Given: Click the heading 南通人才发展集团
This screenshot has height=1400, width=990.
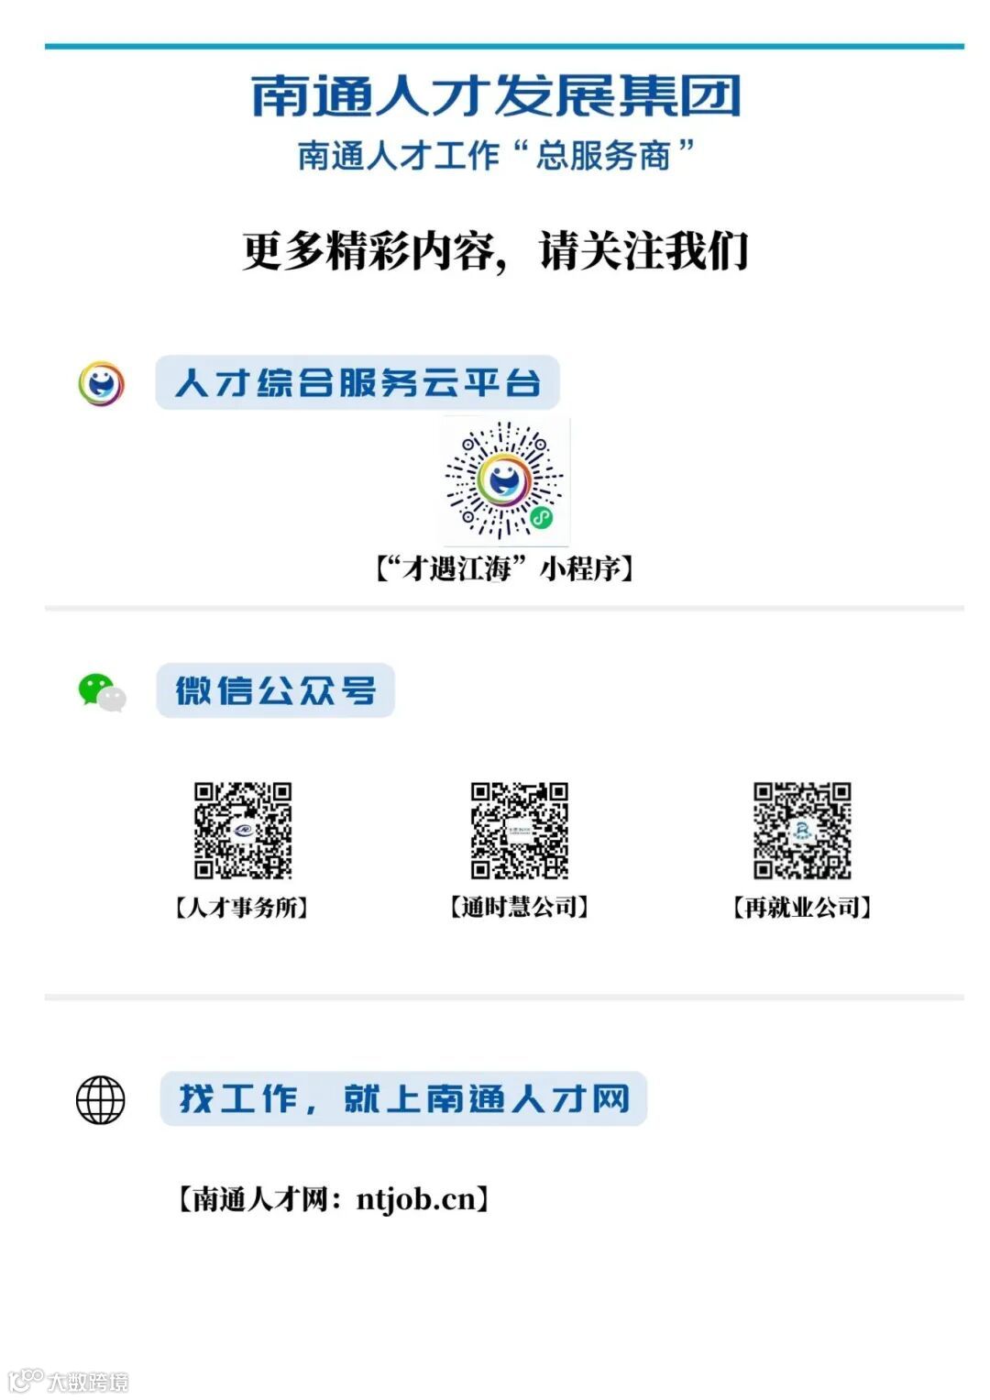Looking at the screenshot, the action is [x=495, y=96].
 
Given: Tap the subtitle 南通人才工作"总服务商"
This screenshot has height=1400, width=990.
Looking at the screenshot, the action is [x=495, y=155].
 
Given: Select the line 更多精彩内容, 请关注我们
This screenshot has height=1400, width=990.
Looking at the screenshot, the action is [x=495, y=251].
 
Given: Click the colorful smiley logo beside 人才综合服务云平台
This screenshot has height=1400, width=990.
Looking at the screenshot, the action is [x=101, y=383].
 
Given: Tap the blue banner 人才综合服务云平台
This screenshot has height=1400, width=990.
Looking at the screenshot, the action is [x=357, y=382].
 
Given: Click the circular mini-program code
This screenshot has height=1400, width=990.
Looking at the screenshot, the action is [x=503, y=480].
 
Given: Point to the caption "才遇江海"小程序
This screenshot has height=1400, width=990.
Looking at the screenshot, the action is [x=503, y=568].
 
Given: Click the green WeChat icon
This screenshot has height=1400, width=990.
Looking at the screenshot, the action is [x=100, y=691].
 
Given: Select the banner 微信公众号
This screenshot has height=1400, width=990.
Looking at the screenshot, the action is [x=275, y=690].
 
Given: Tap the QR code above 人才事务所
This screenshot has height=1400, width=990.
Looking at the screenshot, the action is [x=242, y=830].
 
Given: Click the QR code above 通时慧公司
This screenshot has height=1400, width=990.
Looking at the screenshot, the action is [x=519, y=830].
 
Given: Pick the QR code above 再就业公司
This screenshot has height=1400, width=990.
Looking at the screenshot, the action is [x=802, y=830].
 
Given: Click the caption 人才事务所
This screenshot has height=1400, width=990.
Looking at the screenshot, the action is [x=241, y=908].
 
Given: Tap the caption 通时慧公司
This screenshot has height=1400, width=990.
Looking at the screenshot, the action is [x=519, y=908].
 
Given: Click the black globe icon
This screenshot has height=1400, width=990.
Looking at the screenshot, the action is [x=100, y=1099].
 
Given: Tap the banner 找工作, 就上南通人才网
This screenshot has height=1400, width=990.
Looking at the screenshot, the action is [x=403, y=1098].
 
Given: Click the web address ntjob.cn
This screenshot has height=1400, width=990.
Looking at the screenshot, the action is [x=417, y=1198].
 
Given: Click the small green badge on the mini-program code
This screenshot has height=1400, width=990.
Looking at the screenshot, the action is [x=542, y=519].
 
